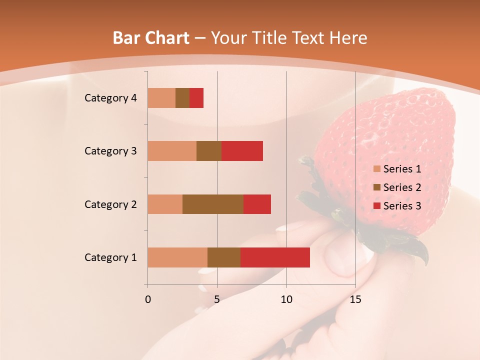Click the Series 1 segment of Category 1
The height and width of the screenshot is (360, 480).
(x=177, y=257)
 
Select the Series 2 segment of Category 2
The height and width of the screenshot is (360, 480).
(x=213, y=204)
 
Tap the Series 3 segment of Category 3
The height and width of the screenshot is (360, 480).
(x=242, y=150)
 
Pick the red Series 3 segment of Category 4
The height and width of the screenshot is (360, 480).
(x=196, y=97)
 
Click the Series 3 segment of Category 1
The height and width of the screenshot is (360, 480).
(x=275, y=257)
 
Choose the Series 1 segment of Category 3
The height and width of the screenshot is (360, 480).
(x=172, y=150)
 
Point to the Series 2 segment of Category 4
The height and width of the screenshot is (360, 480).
(x=182, y=97)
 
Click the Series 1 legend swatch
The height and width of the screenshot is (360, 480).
(x=376, y=169)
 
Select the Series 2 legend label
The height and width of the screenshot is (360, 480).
(x=402, y=187)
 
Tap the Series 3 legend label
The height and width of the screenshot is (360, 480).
(x=402, y=206)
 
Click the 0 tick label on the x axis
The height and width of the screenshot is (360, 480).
(x=148, y=299)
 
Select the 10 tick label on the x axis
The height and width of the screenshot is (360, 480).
(x=286, y=299)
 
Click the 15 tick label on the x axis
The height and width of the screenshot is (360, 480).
(x=355, y=299)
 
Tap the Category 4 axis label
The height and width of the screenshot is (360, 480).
(x=110, y=98)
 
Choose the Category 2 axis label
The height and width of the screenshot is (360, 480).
(x=110, y=204)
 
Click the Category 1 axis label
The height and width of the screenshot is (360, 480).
(x=110, y=257)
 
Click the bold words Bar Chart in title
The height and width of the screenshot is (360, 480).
(x=151, y=38)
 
